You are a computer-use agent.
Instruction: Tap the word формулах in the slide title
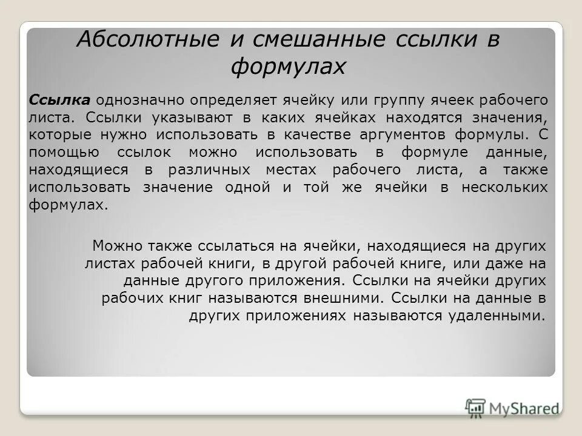[288, 66]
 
